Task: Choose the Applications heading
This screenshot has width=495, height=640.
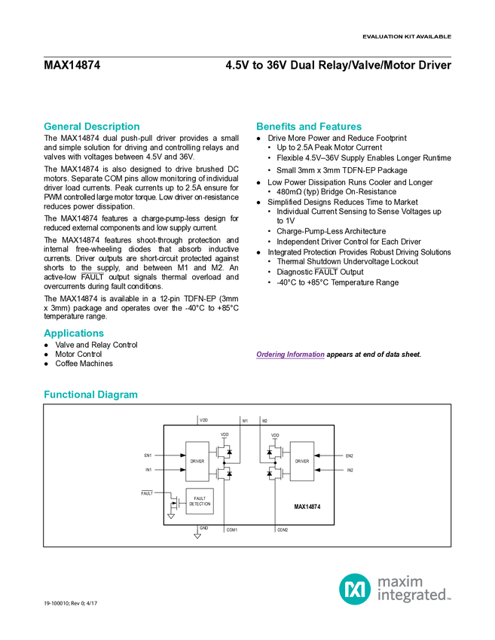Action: (74, 334)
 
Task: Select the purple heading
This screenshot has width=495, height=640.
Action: (290, 355)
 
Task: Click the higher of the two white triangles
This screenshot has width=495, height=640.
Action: (171, 517)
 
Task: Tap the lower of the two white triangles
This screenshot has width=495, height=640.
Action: (197, 535)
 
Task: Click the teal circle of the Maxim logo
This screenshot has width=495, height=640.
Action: (354, 588)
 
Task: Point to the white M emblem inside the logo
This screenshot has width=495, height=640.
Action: (354, 588)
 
